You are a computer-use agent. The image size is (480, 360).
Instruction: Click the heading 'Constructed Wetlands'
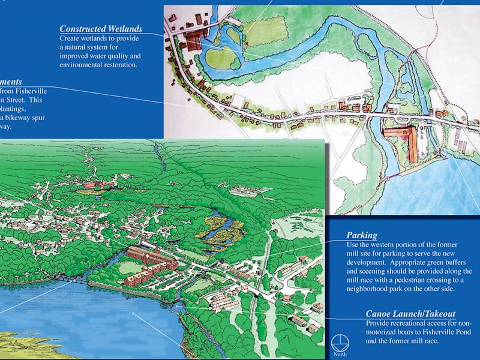point(100,28)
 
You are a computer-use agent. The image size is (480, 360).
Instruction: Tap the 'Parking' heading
point(362,236)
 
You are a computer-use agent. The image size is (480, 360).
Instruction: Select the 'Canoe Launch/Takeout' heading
point(410,314)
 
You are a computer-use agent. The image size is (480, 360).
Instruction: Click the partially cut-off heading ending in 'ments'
point(11,82)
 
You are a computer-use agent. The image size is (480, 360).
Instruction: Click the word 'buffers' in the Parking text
point(457,263)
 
